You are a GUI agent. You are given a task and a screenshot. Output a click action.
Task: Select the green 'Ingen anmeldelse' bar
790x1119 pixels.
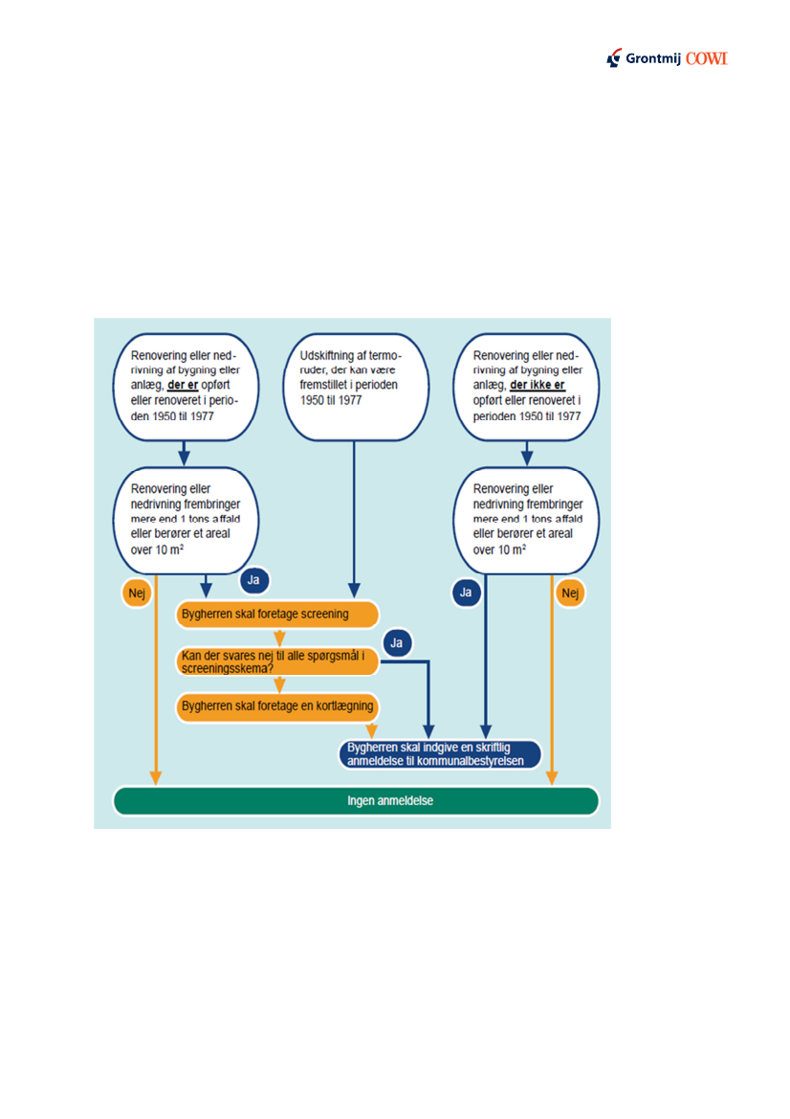(356, 800)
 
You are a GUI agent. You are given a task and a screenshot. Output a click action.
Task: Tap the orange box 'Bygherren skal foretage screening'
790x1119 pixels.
(277, 614)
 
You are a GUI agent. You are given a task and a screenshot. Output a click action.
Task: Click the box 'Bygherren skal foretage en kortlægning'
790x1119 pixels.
(277, 707)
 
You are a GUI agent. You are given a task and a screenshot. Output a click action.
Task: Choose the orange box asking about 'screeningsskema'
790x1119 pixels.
(277, 660)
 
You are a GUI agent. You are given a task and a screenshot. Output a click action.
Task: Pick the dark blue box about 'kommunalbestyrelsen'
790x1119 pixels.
(441, 754)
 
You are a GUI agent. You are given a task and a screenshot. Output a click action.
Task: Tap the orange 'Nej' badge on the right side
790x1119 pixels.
(571, 593)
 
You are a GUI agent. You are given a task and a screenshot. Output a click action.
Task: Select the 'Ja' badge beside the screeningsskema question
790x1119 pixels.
(396, 643)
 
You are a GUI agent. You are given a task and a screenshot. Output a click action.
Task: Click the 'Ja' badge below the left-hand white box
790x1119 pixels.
(254, 580)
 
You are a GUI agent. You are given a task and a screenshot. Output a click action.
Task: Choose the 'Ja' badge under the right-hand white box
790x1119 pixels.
(466, 593)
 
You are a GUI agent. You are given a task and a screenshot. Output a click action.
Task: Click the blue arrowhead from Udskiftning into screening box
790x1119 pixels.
(355, 592)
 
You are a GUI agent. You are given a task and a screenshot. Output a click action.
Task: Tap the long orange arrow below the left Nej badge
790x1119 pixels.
(157, 689)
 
